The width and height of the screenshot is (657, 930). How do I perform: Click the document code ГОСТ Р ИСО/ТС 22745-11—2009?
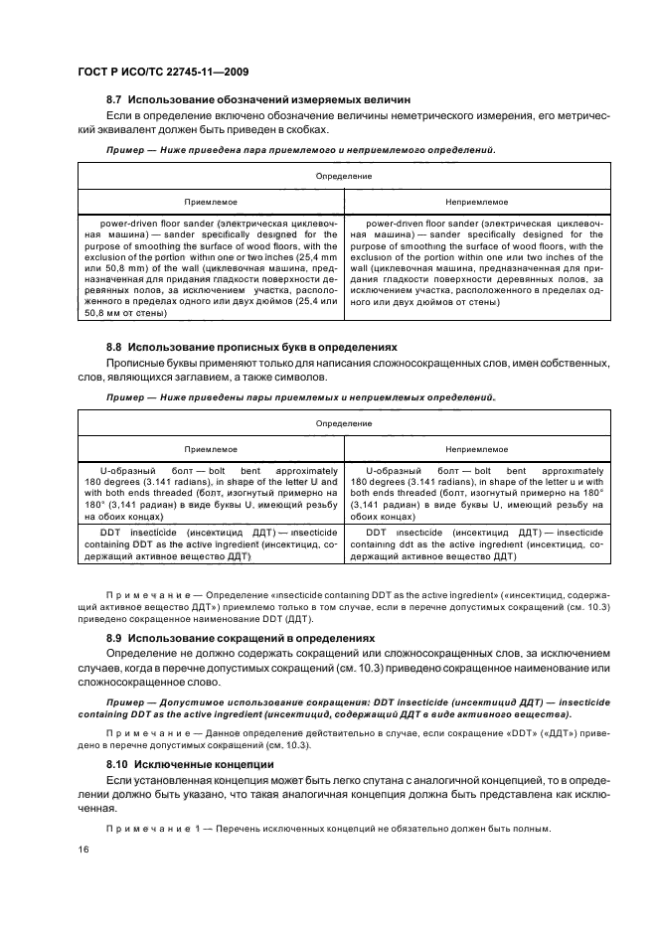click(x=149, y=72)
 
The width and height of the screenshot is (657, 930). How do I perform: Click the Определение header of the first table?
click(x=344, y=176)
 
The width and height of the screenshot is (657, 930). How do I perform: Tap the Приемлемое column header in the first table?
click(x=212, y=200)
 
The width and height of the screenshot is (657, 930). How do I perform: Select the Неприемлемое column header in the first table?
click(x=476, y=200)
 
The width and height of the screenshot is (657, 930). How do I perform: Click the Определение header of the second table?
click(x=344, y=423)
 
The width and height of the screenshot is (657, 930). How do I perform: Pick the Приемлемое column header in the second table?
click(x=212, y=448)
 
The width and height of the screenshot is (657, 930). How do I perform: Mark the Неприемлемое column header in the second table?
click(x=476, y=448)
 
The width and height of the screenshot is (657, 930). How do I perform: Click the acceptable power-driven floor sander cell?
click(x=212, y=267)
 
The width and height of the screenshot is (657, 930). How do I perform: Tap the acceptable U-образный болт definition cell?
click(x=212, y=494)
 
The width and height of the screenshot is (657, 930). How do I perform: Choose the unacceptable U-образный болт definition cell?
click(x=476, y=494)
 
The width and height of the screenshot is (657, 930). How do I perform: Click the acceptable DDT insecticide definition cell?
click(x=212, y=545)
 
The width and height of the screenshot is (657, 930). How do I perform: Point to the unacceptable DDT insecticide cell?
click(x=476, y=545)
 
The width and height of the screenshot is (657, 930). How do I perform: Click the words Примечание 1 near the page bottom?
click(x=145, y=830)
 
